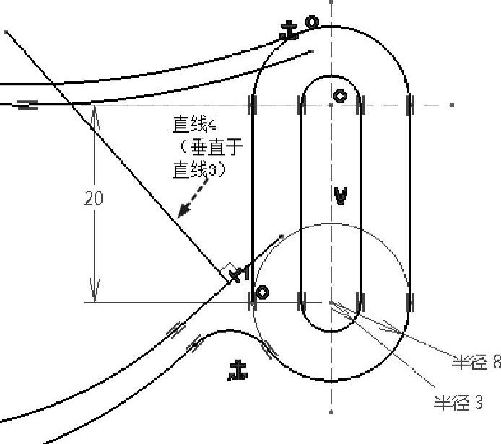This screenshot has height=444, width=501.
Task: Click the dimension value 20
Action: tap(93, 197)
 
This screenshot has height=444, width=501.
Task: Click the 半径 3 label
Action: tap(458, 403)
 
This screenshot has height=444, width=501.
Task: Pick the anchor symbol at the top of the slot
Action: tap(289, 31)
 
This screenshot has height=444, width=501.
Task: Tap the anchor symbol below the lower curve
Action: tap(238, 370)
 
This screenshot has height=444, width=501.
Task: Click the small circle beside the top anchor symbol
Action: tap(312, 22)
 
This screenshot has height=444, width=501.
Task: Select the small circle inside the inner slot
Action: tap(339, 95)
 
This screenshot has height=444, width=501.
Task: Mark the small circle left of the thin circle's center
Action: tap(263, 292)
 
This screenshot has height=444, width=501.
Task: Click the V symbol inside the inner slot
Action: tap(341, 194)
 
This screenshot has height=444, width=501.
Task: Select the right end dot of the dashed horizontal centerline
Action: tap(452, 105)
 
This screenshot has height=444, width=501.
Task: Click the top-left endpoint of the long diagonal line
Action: tap(6, 32)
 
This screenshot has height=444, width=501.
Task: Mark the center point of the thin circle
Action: tap(331, 302)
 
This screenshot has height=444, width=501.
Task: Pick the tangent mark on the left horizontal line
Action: tap(27, 105)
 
